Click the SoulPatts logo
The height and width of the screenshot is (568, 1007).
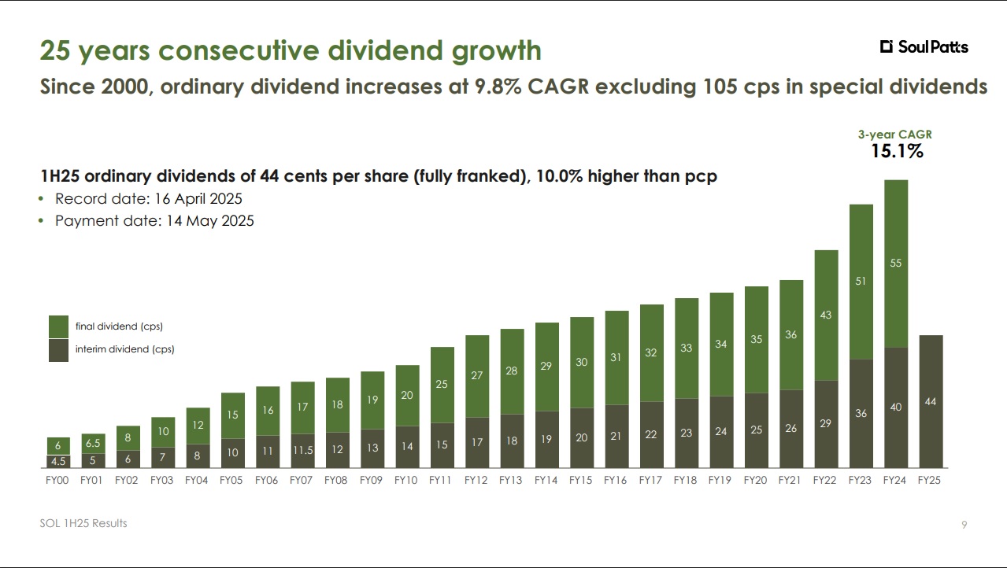[x=924, y=47]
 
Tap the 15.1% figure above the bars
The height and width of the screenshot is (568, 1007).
[x=897, y=151]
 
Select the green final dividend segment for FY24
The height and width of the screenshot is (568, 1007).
[x=896, y=264]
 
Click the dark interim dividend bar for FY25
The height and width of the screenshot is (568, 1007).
[x=931, y=401]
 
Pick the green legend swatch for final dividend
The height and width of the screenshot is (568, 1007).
[x=59, y=326]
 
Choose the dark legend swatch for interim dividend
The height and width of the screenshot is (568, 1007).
[x=59, y=349]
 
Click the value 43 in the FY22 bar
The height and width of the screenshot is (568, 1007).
[x=825, y=315]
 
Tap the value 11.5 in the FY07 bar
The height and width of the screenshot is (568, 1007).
[x=302, y=449]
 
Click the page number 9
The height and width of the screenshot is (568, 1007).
[x=964, y=525]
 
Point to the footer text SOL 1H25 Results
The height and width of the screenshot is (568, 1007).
[x=83, y=523]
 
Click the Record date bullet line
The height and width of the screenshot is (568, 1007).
[x=148, y=199]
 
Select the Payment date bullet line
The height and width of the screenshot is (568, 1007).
[x=154, y=221]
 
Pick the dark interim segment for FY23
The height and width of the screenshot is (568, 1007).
[x=861, y=413]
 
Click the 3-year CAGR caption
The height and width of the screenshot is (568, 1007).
[x=895, y=135]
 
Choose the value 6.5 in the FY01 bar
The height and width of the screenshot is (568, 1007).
[x=93, y=444]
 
